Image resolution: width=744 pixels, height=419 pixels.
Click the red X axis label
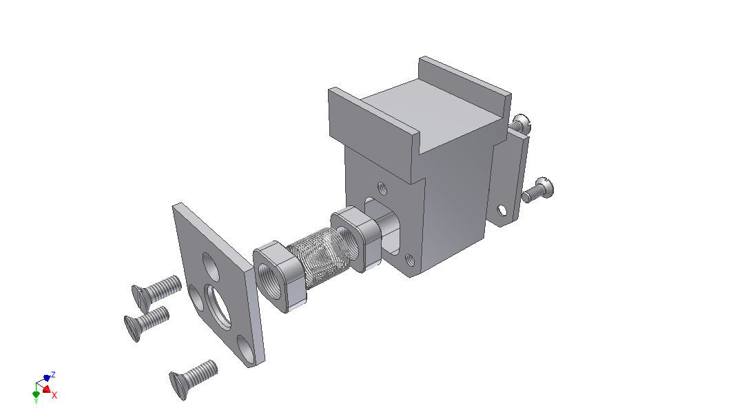pos(54,395)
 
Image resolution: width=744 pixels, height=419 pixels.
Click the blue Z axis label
pos(53,375)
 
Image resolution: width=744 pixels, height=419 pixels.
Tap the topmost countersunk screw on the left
pos(156,292)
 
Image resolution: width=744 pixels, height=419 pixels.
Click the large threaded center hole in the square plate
pos(218,306)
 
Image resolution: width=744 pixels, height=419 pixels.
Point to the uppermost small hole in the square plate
pos(211,266)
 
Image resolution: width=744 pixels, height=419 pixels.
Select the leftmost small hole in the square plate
pos(196,297)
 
